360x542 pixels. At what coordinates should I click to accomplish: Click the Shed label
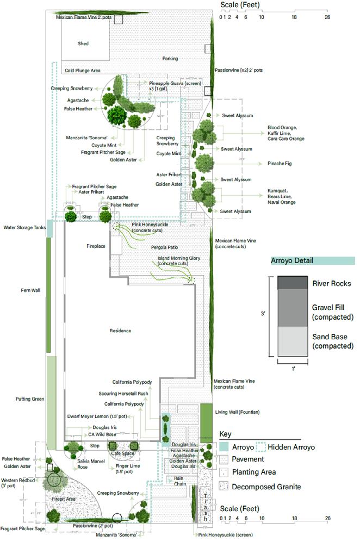coord(83,43)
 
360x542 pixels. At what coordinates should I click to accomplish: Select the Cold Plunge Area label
coord(83,71)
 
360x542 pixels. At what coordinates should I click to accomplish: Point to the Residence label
coord(120,331)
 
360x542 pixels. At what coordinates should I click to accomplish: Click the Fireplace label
coord(96,246)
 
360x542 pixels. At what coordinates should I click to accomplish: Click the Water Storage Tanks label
coord(24,228)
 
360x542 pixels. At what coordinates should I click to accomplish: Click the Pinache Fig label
coord(281,163)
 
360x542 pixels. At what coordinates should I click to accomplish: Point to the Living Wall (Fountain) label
coord(237,412)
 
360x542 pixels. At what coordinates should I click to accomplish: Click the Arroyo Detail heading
coord(292,261)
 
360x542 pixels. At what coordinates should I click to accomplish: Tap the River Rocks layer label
coord(331,283)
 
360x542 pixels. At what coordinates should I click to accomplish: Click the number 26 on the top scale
coord(327,17)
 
